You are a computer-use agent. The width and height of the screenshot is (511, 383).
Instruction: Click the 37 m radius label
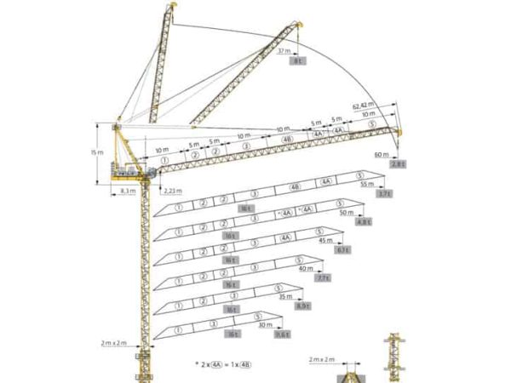point(285,51)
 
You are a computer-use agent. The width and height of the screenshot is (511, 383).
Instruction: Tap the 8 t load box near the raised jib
point(298,62)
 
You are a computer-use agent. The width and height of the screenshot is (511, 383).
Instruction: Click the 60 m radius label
point(381,154)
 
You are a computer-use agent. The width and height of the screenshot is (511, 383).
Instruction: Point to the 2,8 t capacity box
point(398,163)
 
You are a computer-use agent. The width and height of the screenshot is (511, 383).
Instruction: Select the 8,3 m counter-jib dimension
point(128,191)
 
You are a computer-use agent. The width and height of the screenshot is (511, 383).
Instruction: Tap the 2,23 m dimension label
point(174,191)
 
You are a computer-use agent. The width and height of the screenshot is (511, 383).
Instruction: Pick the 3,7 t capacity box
point(383,194)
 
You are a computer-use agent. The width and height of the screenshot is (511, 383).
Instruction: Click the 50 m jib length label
point(347,213)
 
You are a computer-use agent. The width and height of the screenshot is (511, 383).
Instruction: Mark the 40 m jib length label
point(307,269)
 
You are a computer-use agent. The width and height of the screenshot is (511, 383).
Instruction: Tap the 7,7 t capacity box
point(323,278)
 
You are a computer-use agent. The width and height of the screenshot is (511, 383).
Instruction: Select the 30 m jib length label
point(266,325)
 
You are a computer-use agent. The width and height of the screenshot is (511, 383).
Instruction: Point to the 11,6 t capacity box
point(282,334)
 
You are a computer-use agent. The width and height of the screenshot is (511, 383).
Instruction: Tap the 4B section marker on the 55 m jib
point(295,186)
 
